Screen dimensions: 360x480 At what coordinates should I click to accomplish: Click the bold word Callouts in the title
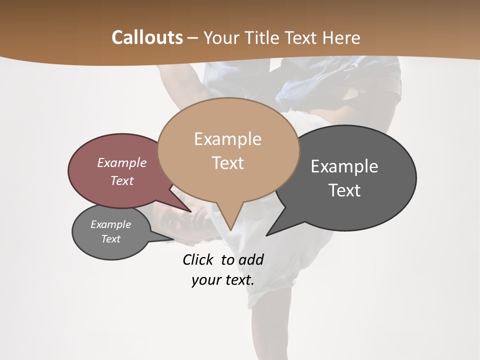click(x=147, y=37)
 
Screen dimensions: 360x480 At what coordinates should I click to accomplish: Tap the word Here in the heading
click(x=341, y=37)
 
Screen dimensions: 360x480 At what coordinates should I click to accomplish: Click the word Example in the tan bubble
click(x=227, y=138)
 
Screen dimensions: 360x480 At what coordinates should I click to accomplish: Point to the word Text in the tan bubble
click(x=227, y=162)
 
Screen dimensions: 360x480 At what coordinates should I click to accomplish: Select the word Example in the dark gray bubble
click(x=344, y=166)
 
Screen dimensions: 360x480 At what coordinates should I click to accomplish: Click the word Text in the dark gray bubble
click(x=344, y=190)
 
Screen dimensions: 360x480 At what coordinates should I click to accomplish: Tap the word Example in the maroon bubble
click(x=121, y=162)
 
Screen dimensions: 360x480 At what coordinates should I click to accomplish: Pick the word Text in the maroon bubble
click(x=121, y=180)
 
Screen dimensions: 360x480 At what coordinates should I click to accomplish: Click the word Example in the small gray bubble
click(x=110, y=224)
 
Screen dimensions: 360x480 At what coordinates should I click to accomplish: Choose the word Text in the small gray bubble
click(x=110, y=239)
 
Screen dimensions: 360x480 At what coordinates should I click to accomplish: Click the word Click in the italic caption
click(x=198, y=259)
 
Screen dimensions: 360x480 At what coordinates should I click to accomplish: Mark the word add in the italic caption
click(x=250, y=259)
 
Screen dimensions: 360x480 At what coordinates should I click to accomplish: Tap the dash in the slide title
click(x=193, y=37)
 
